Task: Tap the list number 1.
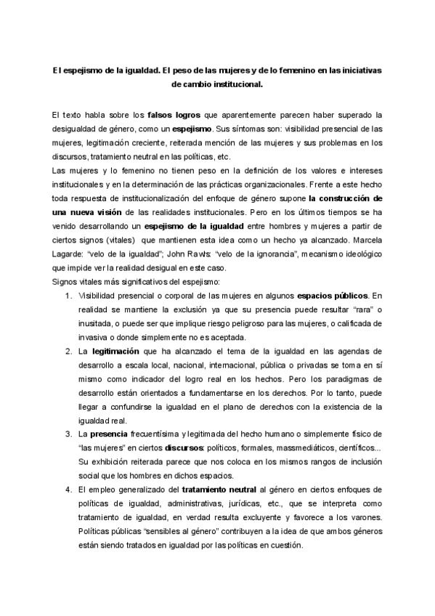click(67, 296)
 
